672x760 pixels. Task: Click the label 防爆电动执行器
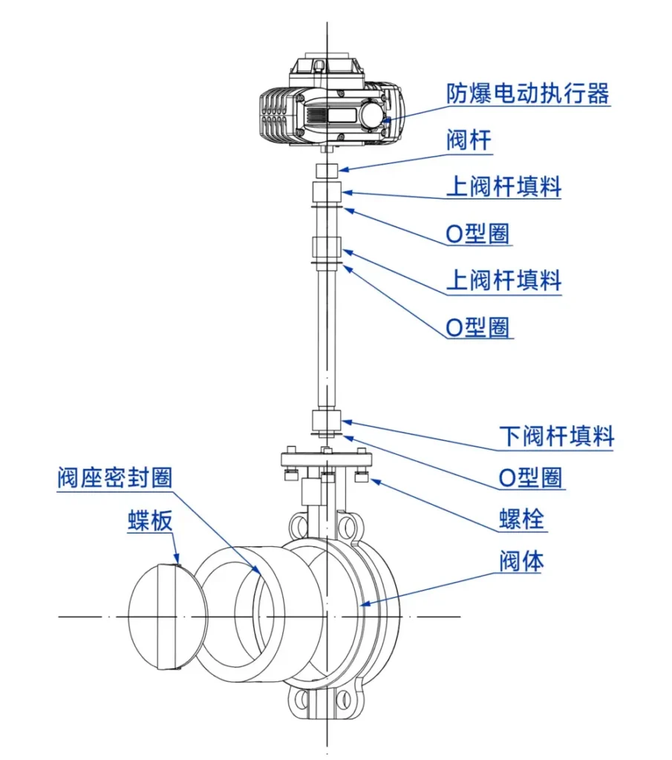coord(527,94)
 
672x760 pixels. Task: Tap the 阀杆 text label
coord(469,140)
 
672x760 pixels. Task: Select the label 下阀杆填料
coord(556,437)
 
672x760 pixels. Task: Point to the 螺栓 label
coord(522,520)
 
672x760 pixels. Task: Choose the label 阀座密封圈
coord(114,477)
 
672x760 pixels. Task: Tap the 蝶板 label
coord(150,521)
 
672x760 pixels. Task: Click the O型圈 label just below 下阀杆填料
coord(530,478)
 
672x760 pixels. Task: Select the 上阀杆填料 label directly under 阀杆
coord(503,186)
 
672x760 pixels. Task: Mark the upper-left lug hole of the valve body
coord(298,527)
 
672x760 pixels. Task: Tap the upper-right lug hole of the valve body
coord(347,527)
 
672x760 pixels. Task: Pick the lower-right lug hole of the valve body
coord(345,700)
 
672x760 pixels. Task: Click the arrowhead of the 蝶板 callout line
coord(178,563)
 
